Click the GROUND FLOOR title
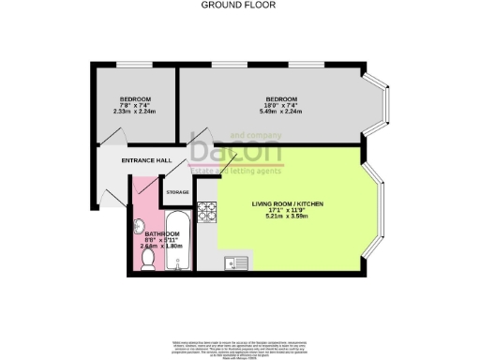point(239,4)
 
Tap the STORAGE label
point(177,191)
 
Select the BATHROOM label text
point(148,233)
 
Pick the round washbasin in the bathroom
point(140,224)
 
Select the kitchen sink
point(234,263)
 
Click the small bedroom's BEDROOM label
point(135,99)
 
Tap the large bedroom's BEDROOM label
point(280,99)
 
